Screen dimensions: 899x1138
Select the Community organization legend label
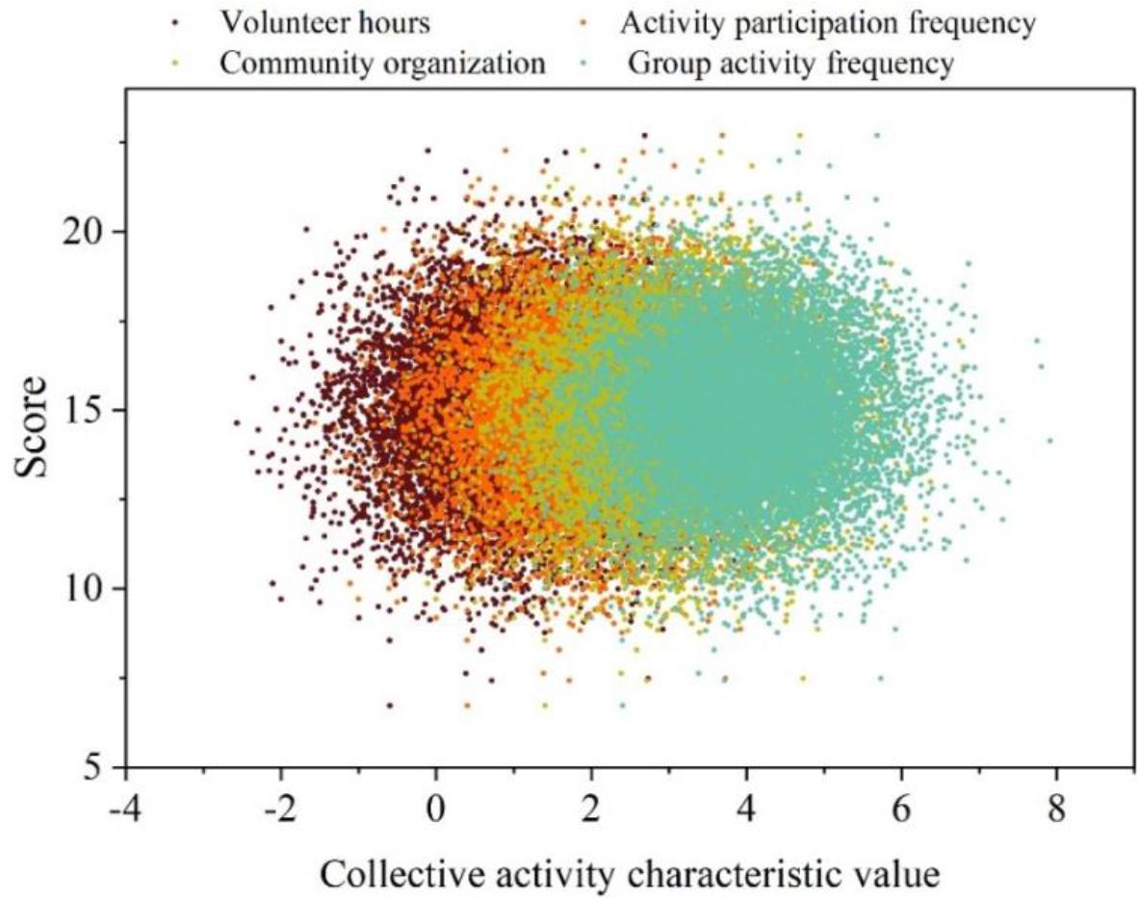[x=382, y=64]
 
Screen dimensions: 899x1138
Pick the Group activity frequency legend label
[x=791, y=64]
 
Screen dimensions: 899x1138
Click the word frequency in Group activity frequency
[x=894, y=64]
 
